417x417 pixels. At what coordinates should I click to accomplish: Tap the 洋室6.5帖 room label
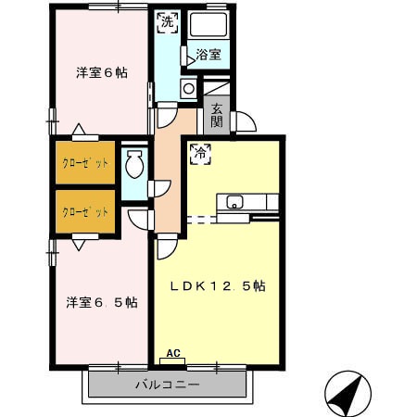(102, 302)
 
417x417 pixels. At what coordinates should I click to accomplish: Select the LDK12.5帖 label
(217, 286)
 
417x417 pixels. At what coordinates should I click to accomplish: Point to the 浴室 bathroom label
(208, 55)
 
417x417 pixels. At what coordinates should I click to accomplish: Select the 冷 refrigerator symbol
(201, 154)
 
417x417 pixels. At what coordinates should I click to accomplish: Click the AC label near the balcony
(171, 353)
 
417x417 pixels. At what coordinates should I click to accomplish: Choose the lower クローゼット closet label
(85, 212)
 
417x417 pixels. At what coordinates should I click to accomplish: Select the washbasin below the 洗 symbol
(187, 89)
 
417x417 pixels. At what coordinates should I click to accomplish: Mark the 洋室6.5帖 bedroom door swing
(138, 220)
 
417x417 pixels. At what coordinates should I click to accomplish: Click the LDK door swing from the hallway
(167, 246)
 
